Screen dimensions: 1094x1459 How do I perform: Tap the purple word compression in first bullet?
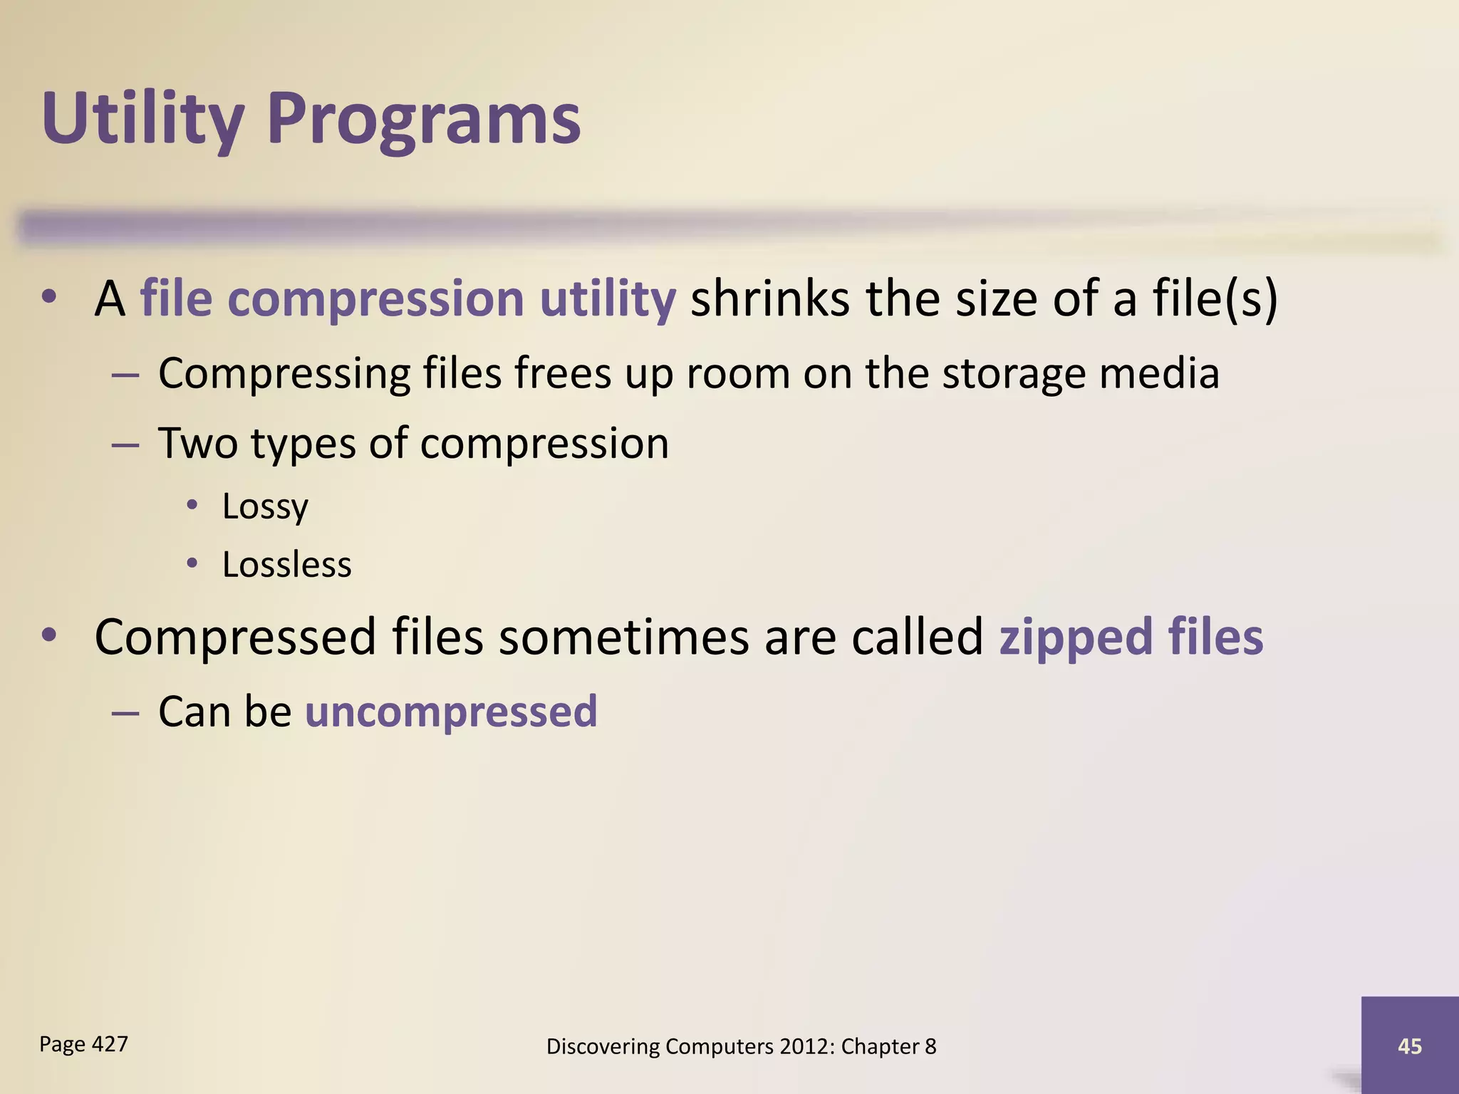375,298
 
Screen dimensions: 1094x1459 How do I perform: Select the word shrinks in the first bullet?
769,298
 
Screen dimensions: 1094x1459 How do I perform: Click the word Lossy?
265,506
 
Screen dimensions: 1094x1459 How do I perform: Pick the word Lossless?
286,565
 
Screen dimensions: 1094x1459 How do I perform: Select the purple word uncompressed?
451,712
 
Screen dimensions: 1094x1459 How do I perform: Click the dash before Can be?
125,712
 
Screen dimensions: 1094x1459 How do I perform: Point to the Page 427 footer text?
83,1044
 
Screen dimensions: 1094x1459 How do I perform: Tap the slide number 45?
1409,1046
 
